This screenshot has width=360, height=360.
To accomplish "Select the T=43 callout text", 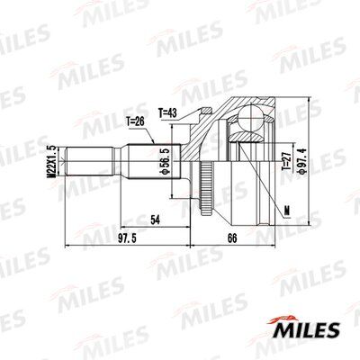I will click(168, 112).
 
